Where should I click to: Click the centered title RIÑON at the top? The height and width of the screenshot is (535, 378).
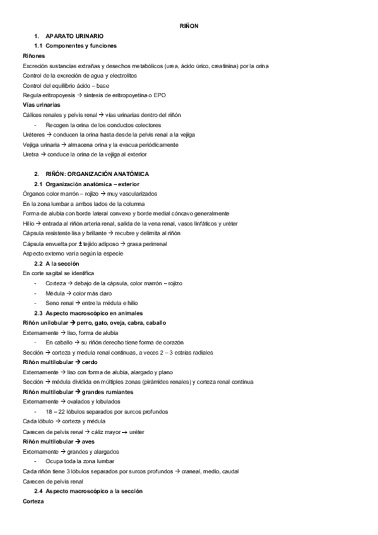point(189,26)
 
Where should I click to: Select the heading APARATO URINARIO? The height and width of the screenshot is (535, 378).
point(75,37)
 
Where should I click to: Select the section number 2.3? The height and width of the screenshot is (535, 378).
point(38,313)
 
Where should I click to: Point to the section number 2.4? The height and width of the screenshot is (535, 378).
point(38,491)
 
